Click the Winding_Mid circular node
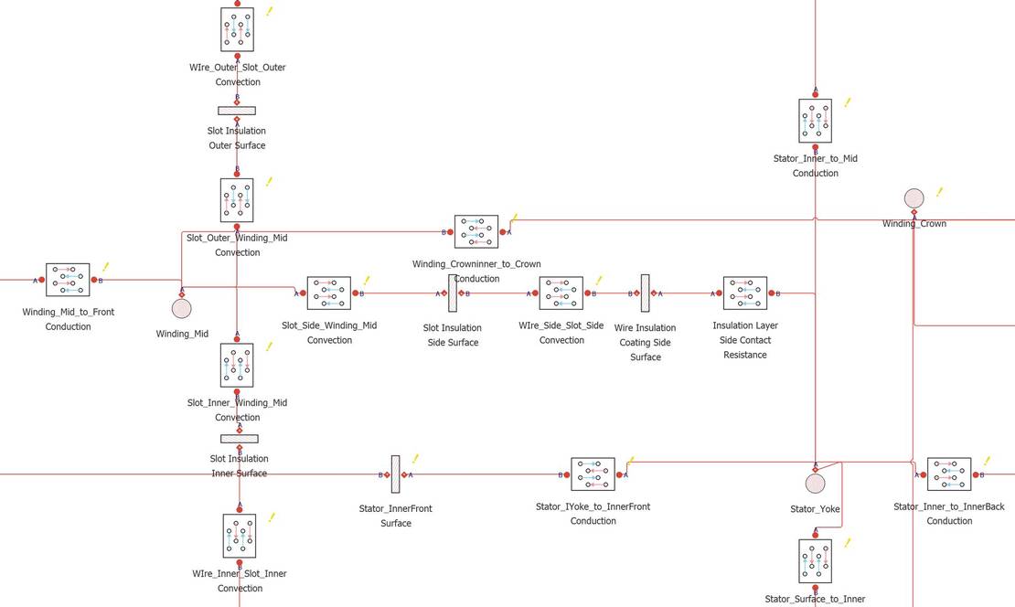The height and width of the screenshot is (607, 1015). pos(181,309)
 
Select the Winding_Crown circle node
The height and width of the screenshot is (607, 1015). pos(914,198)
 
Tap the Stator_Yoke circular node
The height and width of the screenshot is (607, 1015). pos(815,484)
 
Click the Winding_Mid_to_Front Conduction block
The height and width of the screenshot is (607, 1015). pos(68,281)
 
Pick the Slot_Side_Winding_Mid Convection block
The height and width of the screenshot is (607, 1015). pos(329,293)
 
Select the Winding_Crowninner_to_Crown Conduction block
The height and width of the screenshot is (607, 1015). pos(476,231)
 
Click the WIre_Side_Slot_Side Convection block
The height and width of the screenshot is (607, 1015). pos(561,293)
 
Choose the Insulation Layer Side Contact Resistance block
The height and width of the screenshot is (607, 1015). pos(745,293)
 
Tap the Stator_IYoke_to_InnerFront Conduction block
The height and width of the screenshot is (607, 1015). pos(593,474)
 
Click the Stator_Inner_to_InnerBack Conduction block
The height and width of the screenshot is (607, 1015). pos(949,474)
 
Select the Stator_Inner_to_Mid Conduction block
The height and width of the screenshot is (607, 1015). pos(815,121)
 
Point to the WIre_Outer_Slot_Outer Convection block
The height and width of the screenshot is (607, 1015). pos(237,30)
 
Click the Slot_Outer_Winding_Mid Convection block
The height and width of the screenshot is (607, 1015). pos(237,200)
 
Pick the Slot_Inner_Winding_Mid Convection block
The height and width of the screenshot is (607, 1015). pos(237,366)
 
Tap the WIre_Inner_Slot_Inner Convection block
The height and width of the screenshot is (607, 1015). pos(240,536)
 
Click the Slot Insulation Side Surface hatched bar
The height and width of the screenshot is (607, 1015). pos(453,293)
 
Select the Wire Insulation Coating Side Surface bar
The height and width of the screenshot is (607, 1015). pos(646,293)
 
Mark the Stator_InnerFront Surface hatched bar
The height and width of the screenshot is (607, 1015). pos(396,474)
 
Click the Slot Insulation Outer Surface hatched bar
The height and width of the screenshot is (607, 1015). pos(237,111)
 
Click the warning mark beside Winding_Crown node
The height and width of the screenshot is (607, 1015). pos(939,192)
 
